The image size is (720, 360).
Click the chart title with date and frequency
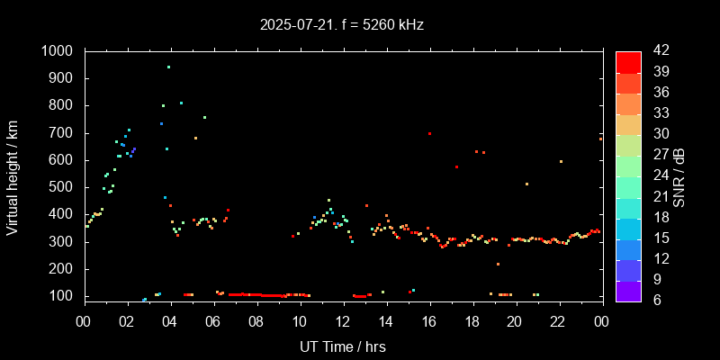[341, 25]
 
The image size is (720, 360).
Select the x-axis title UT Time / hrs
[343, 346]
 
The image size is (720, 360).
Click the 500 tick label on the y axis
[63, 187]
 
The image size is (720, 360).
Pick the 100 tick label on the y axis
[63, 296]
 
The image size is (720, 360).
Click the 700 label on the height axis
[63, 133]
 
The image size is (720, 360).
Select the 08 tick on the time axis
[256, 320]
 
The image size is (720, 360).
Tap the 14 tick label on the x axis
[385, 320]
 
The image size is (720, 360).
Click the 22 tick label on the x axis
[558, 320]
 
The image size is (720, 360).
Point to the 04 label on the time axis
[170, 320]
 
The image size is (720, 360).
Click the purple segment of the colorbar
[628, 290]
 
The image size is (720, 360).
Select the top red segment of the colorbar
[628, 61]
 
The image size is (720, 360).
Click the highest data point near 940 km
[168, 67]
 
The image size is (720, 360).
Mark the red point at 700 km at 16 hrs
[429, 133]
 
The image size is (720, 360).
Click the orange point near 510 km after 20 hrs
[526, 184]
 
